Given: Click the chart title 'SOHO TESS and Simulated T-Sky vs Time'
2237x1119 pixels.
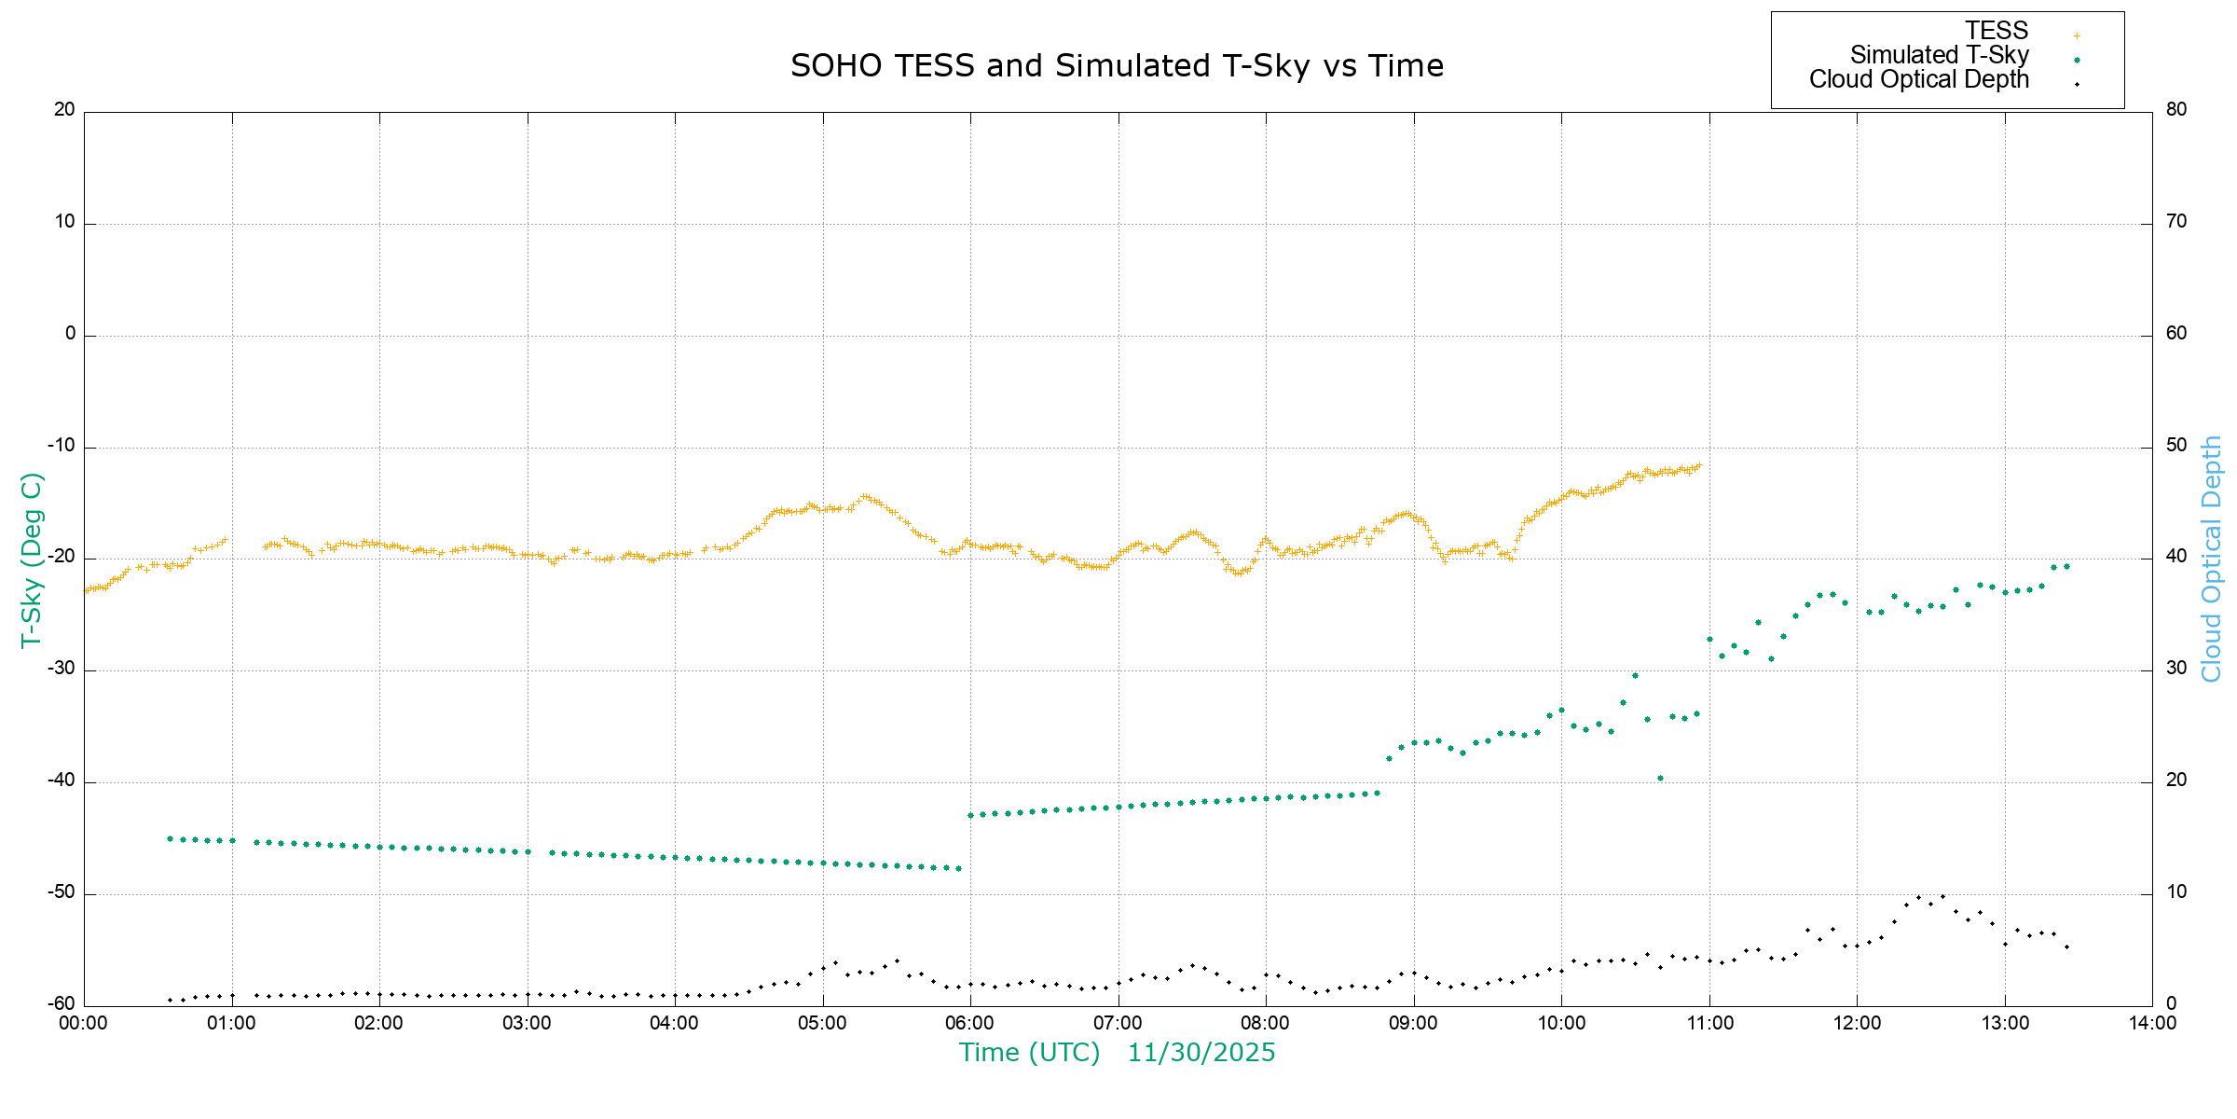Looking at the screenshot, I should [1117, 66].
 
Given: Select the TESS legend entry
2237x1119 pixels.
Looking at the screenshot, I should [1997, 31].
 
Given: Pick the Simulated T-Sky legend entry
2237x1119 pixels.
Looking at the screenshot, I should [1939, 55].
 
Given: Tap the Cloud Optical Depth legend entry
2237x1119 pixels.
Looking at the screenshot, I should [1918, 79].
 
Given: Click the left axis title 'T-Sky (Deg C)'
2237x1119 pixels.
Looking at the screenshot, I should [32, 559].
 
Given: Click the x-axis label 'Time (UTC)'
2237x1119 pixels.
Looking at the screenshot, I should [1029, 1053].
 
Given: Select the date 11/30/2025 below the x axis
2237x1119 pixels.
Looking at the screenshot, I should [1201, 1053].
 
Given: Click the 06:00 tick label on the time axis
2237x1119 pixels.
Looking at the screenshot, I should [969, 1023].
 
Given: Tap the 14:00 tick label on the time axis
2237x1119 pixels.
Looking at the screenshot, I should [2151, 1023].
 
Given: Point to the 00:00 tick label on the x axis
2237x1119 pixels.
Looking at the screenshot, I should [84, 1023].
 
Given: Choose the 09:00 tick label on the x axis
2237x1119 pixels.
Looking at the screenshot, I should [1413, 1023].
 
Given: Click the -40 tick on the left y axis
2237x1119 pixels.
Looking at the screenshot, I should [62, 781].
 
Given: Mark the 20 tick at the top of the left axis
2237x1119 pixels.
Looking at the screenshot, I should [64, 109].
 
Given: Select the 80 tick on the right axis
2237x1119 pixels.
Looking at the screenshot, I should [2175, 109].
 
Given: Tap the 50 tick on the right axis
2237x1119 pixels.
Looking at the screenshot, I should [2175, 445].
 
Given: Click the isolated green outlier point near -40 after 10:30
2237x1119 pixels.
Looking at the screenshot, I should [1660, 778].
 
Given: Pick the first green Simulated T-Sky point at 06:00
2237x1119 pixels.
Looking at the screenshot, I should [970, 815].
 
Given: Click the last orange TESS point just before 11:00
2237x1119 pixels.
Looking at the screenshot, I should [1699, 464].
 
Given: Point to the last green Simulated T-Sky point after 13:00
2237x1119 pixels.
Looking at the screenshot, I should [2066, 566].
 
